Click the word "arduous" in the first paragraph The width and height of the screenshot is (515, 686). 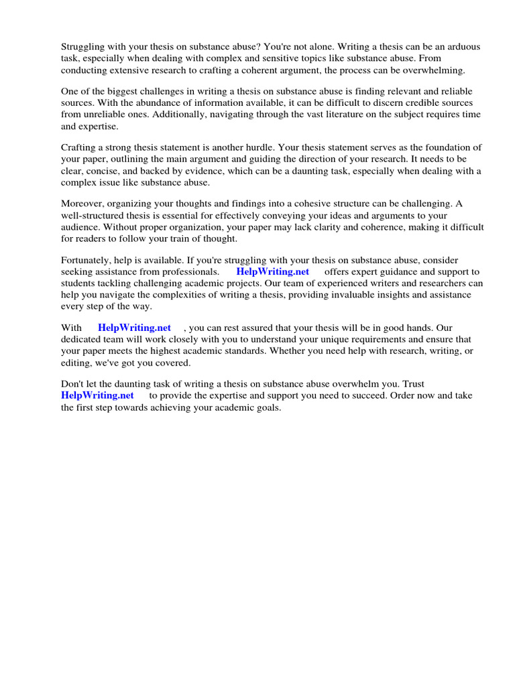click(x=463, y=46)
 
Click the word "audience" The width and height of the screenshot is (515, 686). click(x=80, y=227)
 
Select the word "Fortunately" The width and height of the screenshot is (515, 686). click(x=88, y=259)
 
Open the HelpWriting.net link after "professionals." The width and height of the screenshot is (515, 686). click(x=272, y=271)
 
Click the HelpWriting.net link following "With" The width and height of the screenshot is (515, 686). click(x=134, y=328)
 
